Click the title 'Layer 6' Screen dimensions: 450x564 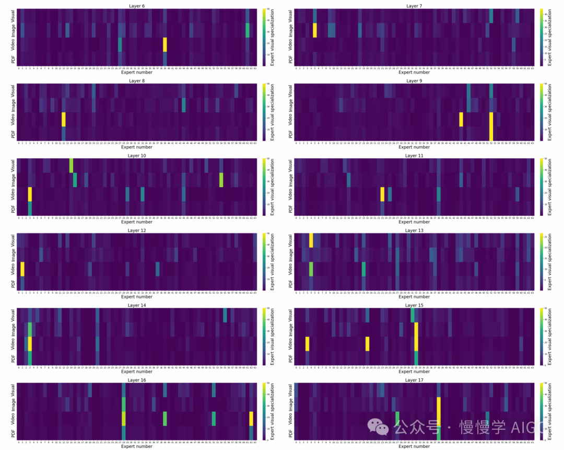coord(136,6)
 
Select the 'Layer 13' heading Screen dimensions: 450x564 coord(414,230)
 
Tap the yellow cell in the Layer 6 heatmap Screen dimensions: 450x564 coord(165,44)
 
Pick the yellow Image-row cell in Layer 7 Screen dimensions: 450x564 coord(315,30)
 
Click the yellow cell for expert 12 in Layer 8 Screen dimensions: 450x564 coord(64,119)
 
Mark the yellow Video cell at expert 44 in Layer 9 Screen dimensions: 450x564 coord(461,119)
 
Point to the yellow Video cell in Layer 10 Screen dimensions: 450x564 coord(30,194)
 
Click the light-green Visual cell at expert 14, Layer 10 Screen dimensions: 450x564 coord(71,165)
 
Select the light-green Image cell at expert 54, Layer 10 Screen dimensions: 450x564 coord(221,180)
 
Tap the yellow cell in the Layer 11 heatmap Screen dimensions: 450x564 coord(382,194)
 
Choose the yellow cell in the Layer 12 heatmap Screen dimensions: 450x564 coord(22,269)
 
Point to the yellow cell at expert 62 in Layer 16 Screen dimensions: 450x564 coord(251,419)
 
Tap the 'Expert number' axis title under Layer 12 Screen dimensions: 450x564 coord(136,297)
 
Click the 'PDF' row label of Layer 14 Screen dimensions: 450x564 coord(13,359)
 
